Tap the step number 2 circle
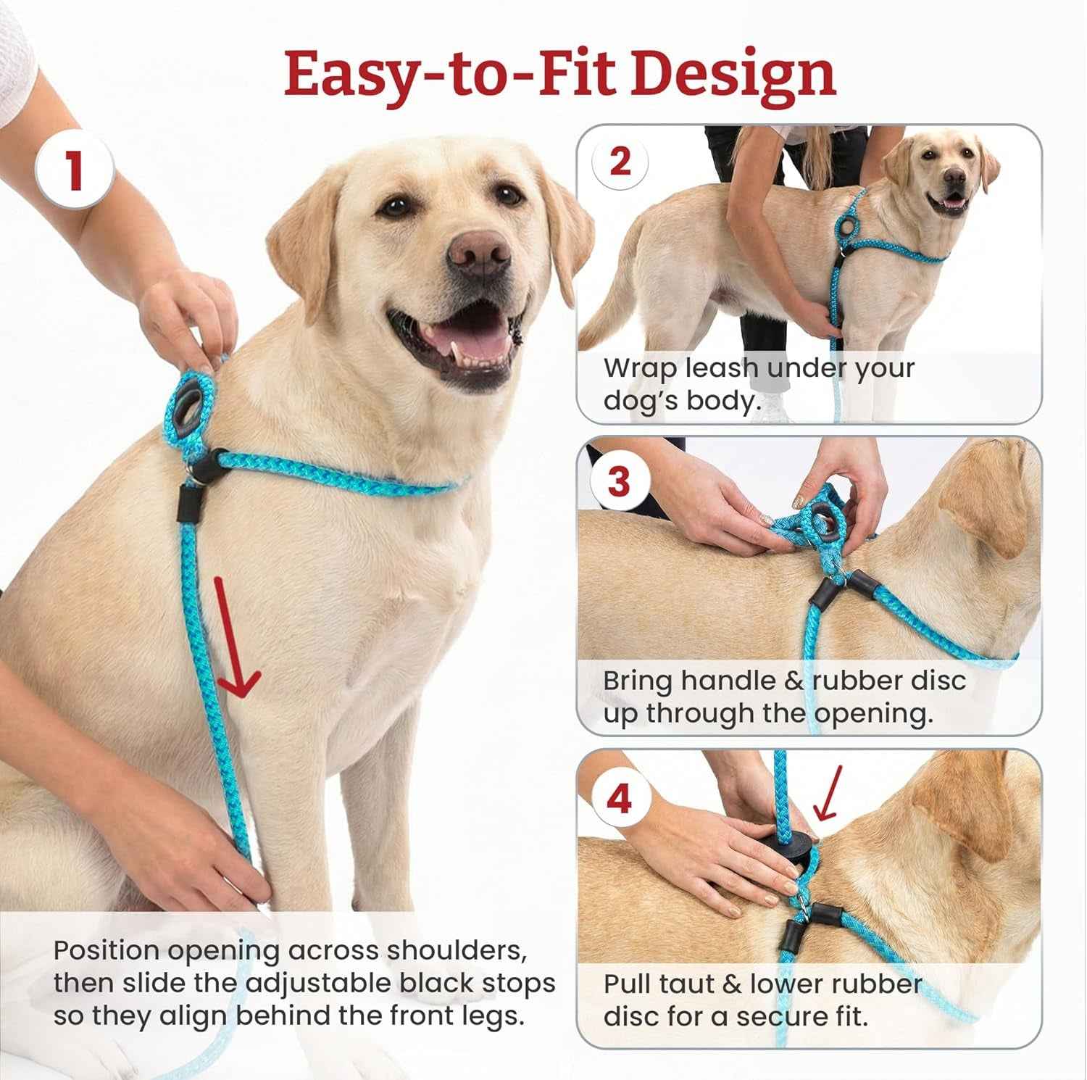pyautogui.click(x=620, y=162)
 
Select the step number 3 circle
pyautogui.click(x=618, y=481)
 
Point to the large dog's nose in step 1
pyautogui.click(x=478, y=251)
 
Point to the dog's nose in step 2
pyautogui.click(x=954, y=178)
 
